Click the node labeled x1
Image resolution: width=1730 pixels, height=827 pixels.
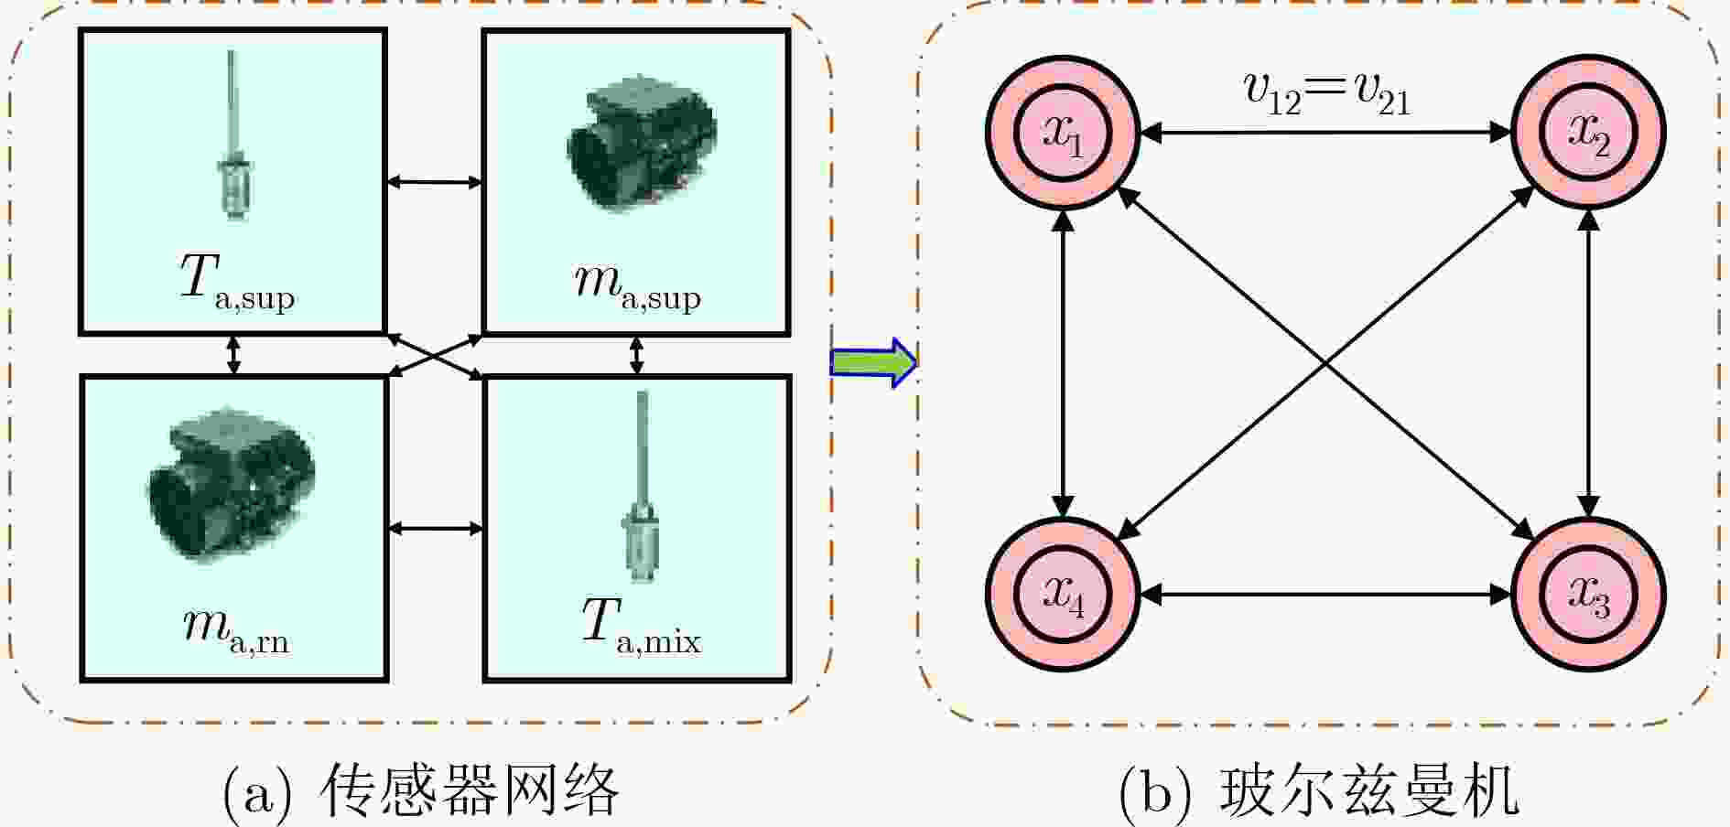tap(1063, 133)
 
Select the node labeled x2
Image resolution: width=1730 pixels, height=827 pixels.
tap(1589, 133)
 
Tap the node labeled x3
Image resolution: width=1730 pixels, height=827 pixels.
tap(1589, 595)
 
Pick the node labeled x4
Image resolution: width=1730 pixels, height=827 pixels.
tap(1063, 595)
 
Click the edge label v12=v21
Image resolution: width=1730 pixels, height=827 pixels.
tap(1327, 94)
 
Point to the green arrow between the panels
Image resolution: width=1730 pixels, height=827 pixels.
tap(873, 363)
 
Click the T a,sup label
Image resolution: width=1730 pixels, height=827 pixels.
tap(237, 283)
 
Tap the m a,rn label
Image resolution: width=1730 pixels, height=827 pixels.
tap(236, 631)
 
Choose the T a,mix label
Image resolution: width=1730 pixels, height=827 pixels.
tap(641, 628)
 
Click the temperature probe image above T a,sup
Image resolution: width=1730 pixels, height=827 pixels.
tap(232, 134)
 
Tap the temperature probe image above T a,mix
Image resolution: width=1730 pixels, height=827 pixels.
tap(640, 487)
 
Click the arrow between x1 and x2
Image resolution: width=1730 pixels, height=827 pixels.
tap(1325, 133)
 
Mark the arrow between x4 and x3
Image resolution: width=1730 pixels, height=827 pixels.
tap(1325, 595)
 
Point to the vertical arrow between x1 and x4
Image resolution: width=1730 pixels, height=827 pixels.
tap(1063, 364)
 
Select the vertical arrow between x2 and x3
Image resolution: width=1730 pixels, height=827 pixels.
tap(1589, 364)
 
